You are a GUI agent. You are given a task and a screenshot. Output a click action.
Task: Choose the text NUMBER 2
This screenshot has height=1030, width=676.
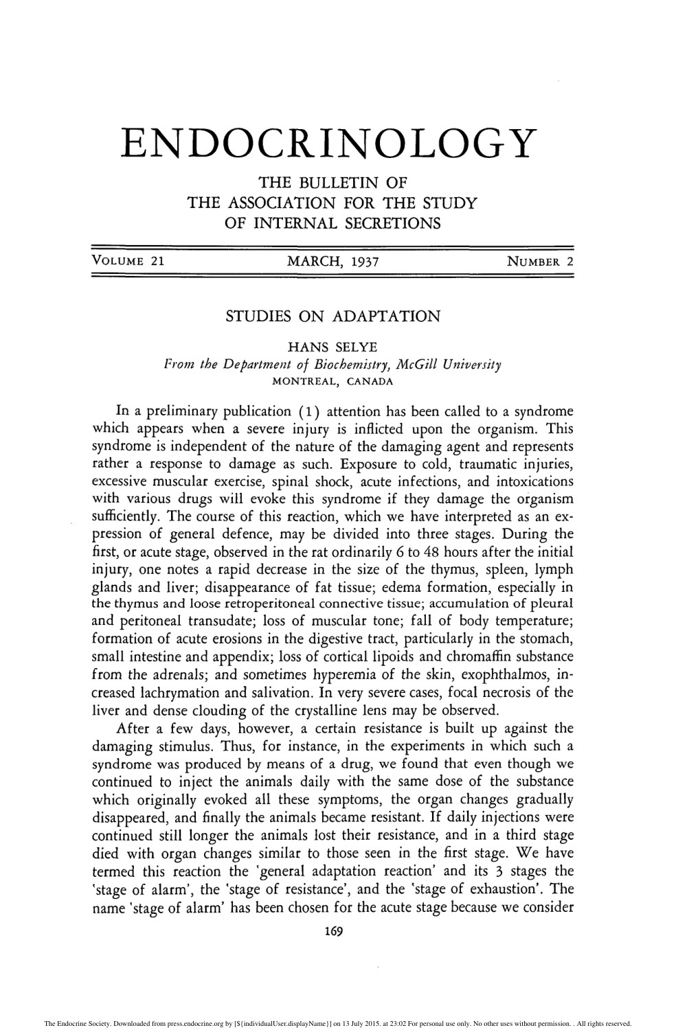539,261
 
